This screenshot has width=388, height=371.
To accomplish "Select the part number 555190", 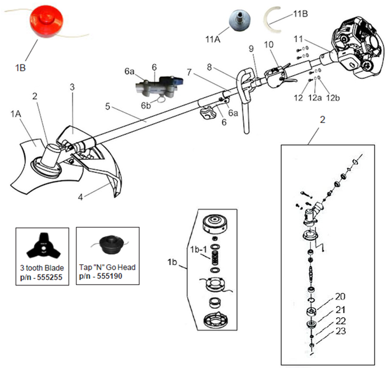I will [x=114, y=275].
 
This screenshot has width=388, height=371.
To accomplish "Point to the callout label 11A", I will [x=213, y=40].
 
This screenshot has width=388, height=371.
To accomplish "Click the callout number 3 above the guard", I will [x=72, y=87].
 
